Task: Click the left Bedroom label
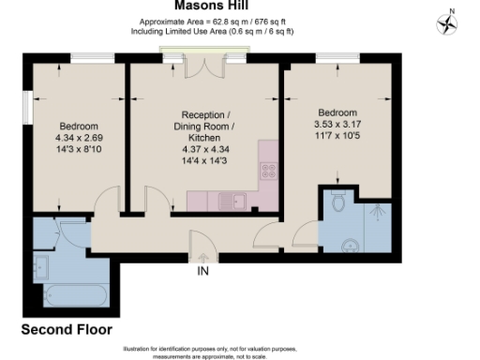80,127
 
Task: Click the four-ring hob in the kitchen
268,172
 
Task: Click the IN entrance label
202,273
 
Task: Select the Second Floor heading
67,330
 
